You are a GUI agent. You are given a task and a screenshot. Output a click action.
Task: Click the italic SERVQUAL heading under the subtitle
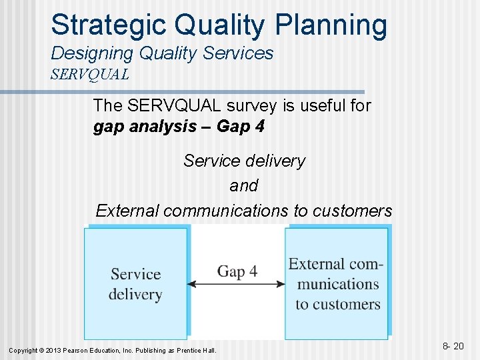click(89, 74)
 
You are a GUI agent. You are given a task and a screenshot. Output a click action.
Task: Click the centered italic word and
click(243, 186)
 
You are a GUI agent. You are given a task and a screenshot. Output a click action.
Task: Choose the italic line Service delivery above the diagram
click(243, 161)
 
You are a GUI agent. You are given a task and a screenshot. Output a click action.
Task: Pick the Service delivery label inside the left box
click(135, 284)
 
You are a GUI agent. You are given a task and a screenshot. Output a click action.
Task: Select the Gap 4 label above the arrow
click(237, 271)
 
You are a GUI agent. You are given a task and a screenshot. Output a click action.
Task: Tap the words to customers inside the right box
click(338, 305)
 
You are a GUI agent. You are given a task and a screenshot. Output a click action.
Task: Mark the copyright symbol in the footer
click(41, 351)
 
